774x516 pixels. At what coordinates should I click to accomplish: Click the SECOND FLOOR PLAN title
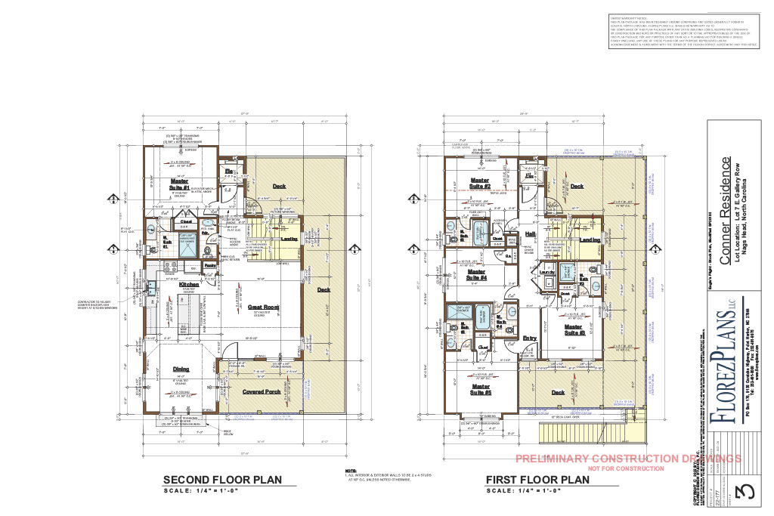(223, 479)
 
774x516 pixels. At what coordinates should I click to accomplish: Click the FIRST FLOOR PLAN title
(537, 479)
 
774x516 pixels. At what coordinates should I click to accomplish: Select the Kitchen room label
(188, 284)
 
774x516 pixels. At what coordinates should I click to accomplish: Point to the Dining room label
(181, 369)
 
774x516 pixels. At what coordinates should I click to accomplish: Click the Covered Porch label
(262, 391)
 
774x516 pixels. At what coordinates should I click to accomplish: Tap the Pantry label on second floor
(211, 265)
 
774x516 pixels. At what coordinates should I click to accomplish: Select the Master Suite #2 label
(481, 183)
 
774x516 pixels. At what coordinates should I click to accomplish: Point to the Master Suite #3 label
(575, 329)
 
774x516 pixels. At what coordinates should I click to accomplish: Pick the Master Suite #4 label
(476, 274)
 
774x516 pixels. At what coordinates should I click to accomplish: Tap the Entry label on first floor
(530, 338)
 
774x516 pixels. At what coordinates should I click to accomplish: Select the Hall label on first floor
(530, 234)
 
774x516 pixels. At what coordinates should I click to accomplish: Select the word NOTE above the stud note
(350, 469)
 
